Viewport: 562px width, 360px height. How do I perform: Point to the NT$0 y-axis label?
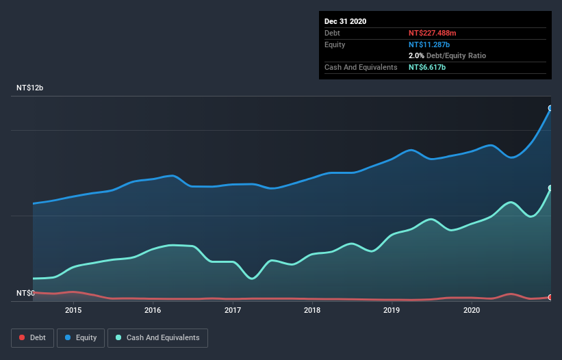(x=25, y=293)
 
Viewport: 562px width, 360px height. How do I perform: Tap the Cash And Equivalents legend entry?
(x=157, y=337)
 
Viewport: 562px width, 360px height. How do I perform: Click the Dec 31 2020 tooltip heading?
(x=346, y=21)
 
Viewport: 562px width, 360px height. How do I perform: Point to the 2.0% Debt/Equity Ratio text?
(x=447, y=55)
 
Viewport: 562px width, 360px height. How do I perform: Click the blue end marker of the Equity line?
(x=550, y=108)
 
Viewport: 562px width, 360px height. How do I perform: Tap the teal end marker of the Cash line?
(x=550, y=188)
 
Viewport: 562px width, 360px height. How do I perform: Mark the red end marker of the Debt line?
(x=550, y=297)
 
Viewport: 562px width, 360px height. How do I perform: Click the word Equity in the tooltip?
(x=335, y=44)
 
